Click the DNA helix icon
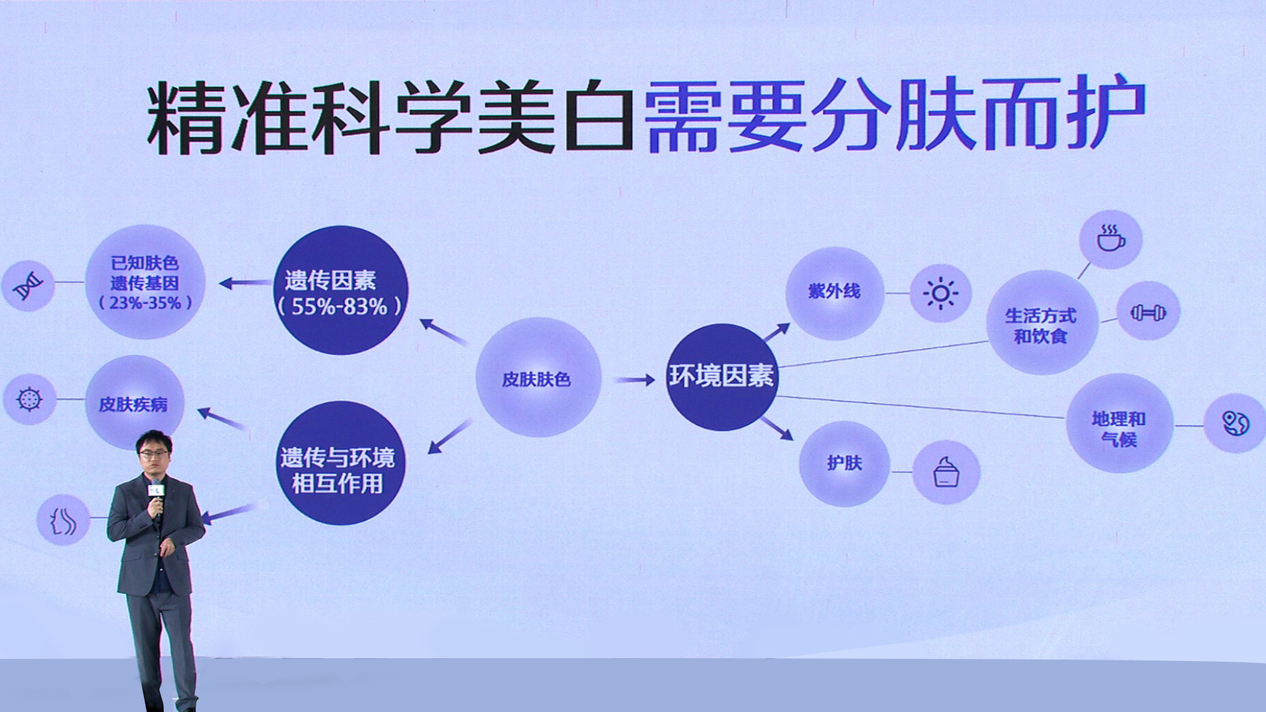pyautogui.click(x=29, y=285)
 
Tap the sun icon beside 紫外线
pyautogui.click(x=940, y=293)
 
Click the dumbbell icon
pyautogui.click(x=1148, y=312)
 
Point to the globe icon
pyautogui.click(x=1235, y=423)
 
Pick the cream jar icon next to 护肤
pyautogui.click(x=946, y=472)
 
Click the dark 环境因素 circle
pyautogui.click(x=721, y=377)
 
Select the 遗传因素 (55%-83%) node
pyautogui.click(x=340, y=290)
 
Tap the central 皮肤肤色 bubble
pyautogui.click(x=538, y=378)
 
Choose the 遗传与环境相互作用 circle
pyautogui.click(x=339, y=463)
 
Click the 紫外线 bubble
pyautogui.click(x=835, y=293)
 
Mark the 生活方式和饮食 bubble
pyautogui.click(x=1042, y=324)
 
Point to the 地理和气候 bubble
pyautogui.click(x=1119, y=423)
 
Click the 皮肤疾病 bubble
pyautogui.click(x=134, y=403)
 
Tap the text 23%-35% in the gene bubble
pyautogui.click(x=145, y=303)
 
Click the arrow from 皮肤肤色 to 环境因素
pyautogui.click(x=635, y=379)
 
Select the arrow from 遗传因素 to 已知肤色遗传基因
pyautogui.click(x=245, y=283)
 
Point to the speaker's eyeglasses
pyautogui.click(x=154, y=453)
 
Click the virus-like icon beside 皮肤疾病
pyautogui.click(x=29, y=399)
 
